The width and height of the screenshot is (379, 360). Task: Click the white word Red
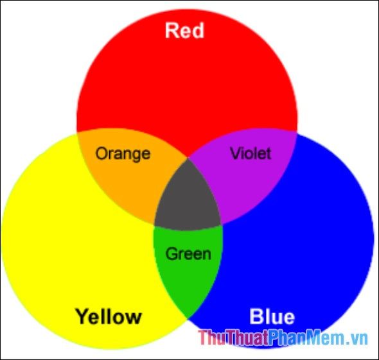(x=184, y=30)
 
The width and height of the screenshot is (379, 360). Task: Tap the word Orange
(x=123, y=155)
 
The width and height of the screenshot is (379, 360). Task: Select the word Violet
(x=251, y=153)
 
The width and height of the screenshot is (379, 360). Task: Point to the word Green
(x=188, y=253)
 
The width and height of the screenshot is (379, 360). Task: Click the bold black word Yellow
(x=109, y=316)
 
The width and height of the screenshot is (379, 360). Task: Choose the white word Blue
(x=272, y=316)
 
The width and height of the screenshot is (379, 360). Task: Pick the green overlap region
(x=188, y=266)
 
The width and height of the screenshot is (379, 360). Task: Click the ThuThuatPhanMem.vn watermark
(x=283, y=338)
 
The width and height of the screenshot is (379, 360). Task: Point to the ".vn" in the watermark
(x=356, y=339)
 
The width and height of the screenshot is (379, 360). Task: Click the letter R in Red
(x=171, y=30)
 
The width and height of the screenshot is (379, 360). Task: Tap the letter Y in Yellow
(x=83, y=316)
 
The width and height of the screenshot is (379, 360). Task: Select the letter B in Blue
(x=256, y=316)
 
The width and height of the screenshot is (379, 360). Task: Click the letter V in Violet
(x=235, y=153)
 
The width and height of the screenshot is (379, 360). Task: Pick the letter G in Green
(x=172, y=253)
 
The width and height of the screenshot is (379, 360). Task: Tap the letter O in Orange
(x=101, y=153)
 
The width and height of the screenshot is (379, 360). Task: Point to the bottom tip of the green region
(x=188, y=319)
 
